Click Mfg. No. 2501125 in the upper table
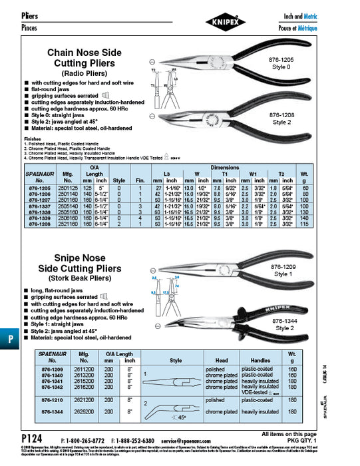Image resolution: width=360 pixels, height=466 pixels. (67, 188)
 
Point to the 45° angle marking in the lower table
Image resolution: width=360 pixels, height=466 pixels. (163, 417)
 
